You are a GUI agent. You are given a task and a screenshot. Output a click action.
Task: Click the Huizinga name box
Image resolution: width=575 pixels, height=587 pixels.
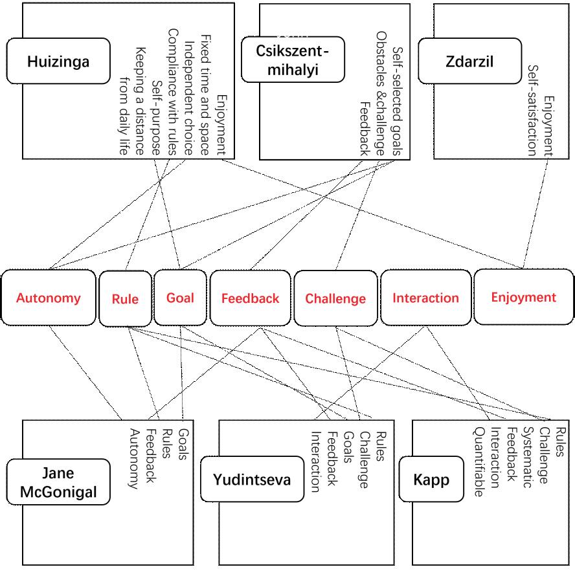coord(58,61)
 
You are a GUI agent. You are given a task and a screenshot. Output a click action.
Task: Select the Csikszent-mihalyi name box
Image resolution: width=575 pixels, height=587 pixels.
coord(293,60)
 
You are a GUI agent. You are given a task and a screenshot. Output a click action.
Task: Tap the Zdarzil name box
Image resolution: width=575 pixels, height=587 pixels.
coord(469,61)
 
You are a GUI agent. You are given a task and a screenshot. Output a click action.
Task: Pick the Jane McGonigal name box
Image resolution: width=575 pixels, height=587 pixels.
coord(58,482)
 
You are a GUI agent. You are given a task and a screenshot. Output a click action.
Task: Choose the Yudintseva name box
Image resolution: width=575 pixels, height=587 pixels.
coord(252,479)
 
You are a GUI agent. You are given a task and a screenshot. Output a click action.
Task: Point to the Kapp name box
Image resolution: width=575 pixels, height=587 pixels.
coord(431,479)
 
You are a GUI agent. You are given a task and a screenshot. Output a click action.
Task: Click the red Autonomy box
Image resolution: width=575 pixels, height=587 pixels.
coord(49,298)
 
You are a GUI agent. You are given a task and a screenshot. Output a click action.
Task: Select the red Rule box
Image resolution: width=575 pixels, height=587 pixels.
coord(125,299)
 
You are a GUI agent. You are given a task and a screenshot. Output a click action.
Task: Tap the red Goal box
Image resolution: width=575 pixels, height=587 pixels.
coord(180,298)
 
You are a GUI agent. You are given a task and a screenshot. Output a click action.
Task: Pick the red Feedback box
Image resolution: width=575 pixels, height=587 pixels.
coord(250,298)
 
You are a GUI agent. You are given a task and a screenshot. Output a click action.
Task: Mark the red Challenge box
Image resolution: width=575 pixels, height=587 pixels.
coord(335,298)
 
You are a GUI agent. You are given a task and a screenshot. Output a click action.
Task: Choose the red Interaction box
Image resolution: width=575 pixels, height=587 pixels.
coord(426,298)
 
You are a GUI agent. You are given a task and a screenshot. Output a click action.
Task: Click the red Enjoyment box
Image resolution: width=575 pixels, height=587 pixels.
coord(524,297)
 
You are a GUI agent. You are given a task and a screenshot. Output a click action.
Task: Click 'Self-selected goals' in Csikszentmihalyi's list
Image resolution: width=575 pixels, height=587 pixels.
coord(398,101)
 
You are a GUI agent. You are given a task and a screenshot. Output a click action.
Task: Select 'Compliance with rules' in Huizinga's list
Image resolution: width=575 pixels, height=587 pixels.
coord(172,92)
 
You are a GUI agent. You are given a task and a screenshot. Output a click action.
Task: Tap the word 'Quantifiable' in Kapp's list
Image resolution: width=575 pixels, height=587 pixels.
coord(479,462)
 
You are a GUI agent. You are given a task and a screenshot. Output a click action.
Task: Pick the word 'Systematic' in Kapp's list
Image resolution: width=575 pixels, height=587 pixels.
coord(528,458)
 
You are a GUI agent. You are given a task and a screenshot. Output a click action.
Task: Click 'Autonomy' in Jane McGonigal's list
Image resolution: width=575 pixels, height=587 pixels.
coord(135,459)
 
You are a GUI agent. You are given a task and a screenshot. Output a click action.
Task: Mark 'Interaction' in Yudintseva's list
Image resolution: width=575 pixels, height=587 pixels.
coord(316,462)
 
